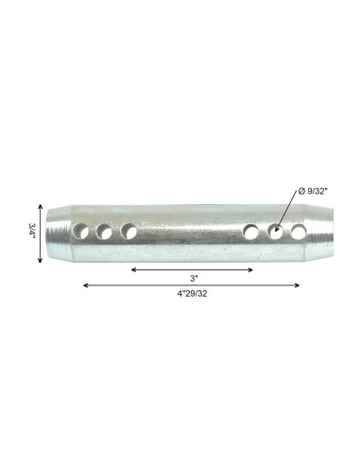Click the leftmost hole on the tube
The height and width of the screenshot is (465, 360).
point(83,231)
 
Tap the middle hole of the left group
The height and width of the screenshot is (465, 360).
point(106,231)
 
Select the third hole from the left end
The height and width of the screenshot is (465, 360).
point(129,231)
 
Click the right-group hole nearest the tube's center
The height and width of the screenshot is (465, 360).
point(251,231)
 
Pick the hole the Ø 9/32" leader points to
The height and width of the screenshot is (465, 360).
point(277,230)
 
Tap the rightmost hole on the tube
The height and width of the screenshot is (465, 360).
point(299,230)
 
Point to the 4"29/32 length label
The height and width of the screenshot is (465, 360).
point(192,294)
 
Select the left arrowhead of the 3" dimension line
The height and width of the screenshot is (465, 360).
point(133,269)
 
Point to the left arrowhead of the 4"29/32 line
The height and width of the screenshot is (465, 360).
point(86,284)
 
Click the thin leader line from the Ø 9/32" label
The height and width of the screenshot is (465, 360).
point(287,211)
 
